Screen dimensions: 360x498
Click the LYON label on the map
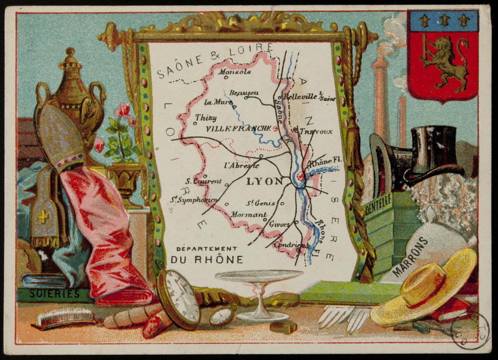(265, 181)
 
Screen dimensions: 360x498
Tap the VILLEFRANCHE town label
(238, 128)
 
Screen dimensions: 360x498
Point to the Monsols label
(235, 72)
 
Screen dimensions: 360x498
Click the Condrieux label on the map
(291, 245)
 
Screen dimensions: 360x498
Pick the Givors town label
(279, 225)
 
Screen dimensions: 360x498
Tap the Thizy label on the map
(206, 117)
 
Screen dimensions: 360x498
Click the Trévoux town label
(316, 132)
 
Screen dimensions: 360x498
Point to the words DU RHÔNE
(206, 259)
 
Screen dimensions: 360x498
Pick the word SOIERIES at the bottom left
(54, 293)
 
